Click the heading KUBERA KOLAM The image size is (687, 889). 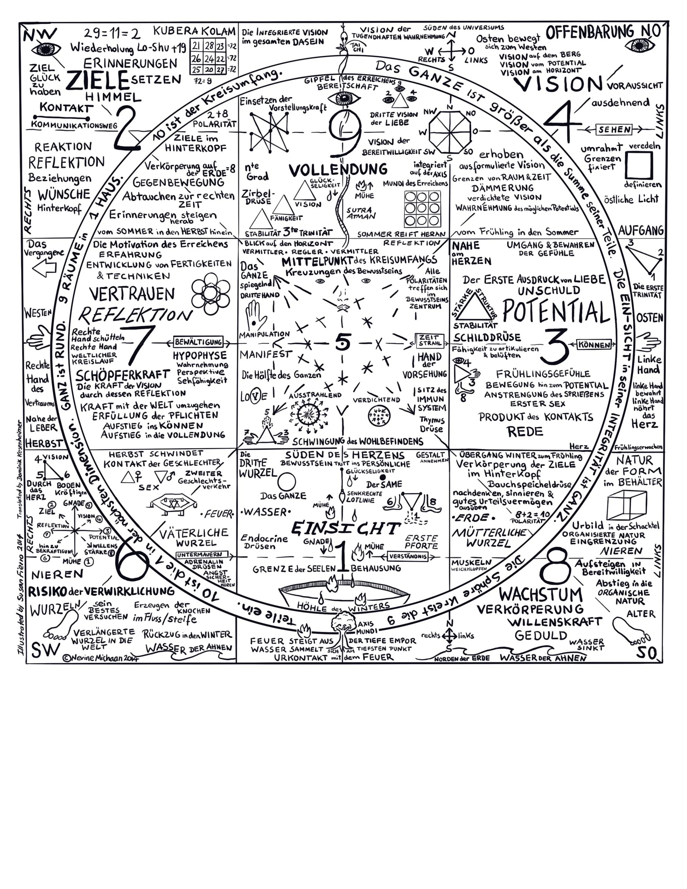point(195,31)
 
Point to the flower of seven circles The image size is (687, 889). point(210,293)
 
